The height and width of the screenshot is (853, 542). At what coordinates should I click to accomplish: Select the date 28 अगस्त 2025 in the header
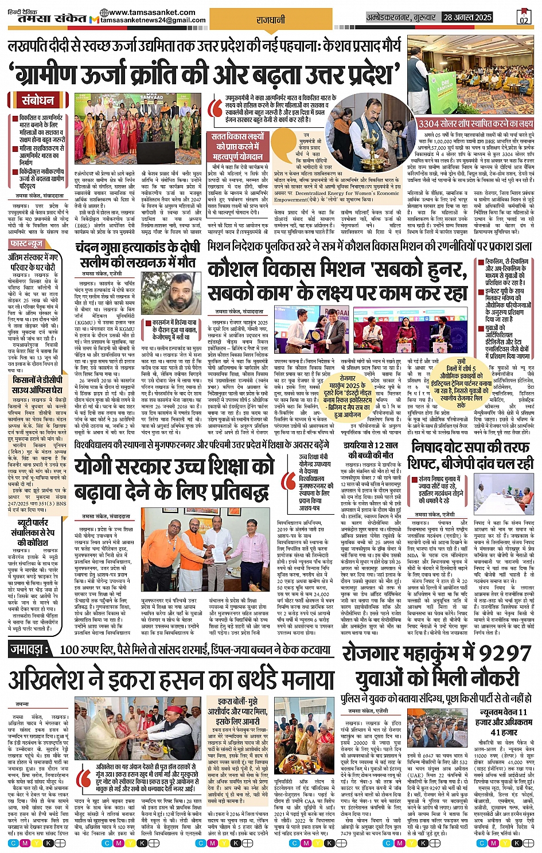click(467, 17)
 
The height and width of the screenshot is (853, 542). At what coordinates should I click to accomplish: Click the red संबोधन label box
click(38, 100)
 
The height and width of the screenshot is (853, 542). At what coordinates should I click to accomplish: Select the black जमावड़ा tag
click(32, 649)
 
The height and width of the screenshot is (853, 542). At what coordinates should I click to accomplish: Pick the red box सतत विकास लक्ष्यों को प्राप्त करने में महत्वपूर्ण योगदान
click(239, 146)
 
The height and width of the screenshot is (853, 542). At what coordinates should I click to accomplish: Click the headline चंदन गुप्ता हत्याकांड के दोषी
click(137, 248)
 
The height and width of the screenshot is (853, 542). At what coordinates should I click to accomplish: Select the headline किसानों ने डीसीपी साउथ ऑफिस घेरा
click(37, 385)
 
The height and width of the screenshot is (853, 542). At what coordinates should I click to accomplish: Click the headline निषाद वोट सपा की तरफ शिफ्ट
click(470, 454)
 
